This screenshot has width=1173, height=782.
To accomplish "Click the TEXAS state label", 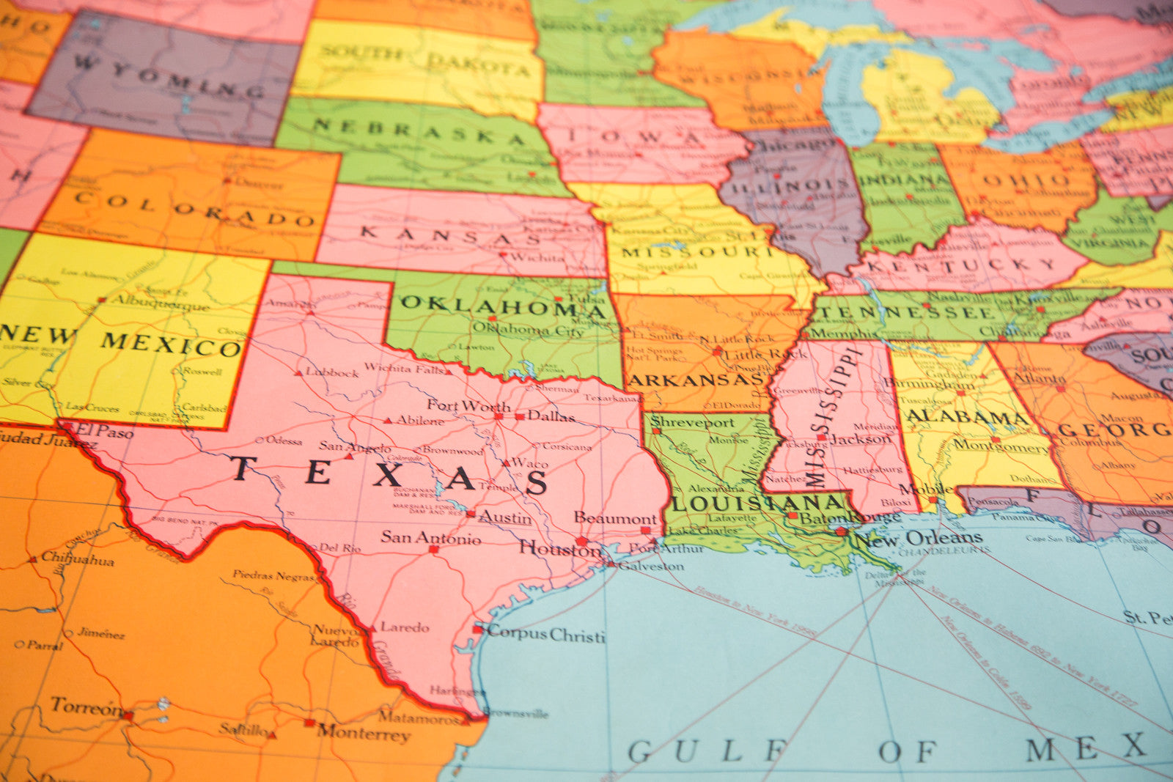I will [x=389, y=475].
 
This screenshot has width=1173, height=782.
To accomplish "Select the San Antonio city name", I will [x=431, y=538].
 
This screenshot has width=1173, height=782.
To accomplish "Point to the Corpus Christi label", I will [x=546, y=634].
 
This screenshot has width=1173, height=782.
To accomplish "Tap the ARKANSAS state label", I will [x=696, y=380].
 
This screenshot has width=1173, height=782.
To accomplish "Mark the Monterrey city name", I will [x=363, y=732].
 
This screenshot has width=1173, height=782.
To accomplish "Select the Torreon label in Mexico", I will [x=87, y=707].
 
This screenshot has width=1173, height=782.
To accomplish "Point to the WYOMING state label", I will [x=169, y=78].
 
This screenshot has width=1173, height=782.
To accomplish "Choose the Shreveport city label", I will [x=692, y=422].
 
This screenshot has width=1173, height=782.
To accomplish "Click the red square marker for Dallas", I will [x=520, y=416].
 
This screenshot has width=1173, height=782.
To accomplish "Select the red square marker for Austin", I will [x=470, y=514].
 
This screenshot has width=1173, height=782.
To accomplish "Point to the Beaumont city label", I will [x=615, y=518].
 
